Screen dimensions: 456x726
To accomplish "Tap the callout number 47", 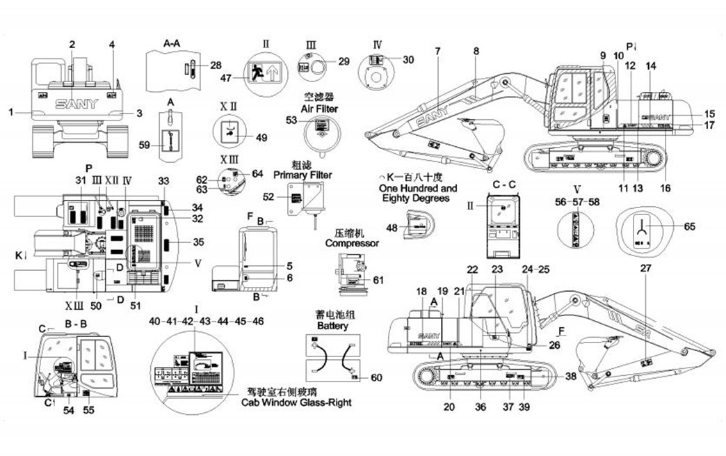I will click(225, 78).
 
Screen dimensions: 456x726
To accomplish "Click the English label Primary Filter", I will click(302, 174).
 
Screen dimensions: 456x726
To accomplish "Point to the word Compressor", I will click(352, 244).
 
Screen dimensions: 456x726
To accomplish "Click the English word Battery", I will click(332, 325).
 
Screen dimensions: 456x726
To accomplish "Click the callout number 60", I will click(376, 378).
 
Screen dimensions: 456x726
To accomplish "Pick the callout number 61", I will click(378, 280).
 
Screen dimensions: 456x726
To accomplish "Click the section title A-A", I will click(172, 44).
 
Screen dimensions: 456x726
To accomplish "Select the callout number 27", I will click(645, 269).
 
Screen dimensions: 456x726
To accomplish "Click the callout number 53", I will click(291, 120).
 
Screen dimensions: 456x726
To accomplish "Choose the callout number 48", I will click(392, 228).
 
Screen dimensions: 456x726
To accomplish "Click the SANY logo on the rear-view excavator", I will click(77, 104).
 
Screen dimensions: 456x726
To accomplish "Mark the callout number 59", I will click(145, 145).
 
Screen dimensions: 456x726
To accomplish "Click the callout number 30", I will click(408, 60).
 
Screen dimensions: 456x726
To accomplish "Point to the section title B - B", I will click(75, 324).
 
